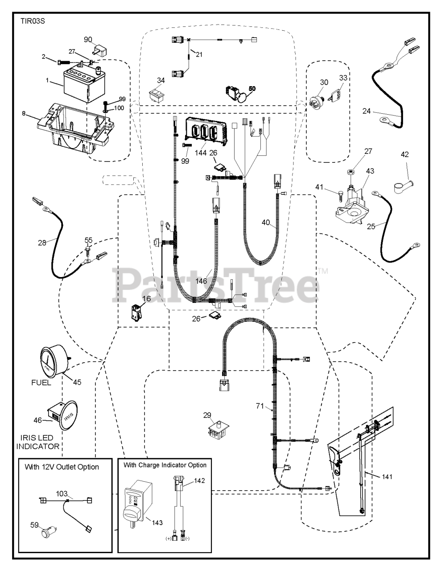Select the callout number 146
[x=201, y=281]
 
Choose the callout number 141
[x=387, y=477]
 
